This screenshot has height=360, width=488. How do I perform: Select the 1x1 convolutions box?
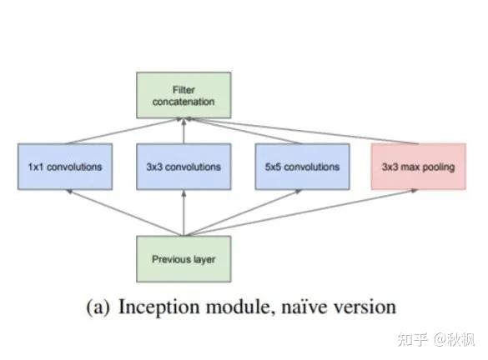click(64, 167)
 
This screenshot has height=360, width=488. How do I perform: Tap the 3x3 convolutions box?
click(183, 167)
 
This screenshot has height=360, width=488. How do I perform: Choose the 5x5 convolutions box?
click(301, 167)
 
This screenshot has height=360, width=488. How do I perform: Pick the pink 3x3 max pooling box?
click(419, 167)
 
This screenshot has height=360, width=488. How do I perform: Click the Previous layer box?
click(183, 259)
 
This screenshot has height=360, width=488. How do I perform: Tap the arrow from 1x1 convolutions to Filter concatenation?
click(125, 132)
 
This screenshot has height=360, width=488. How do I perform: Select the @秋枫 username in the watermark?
click(451, 339)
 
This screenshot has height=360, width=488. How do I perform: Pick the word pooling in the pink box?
click(439, 167)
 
